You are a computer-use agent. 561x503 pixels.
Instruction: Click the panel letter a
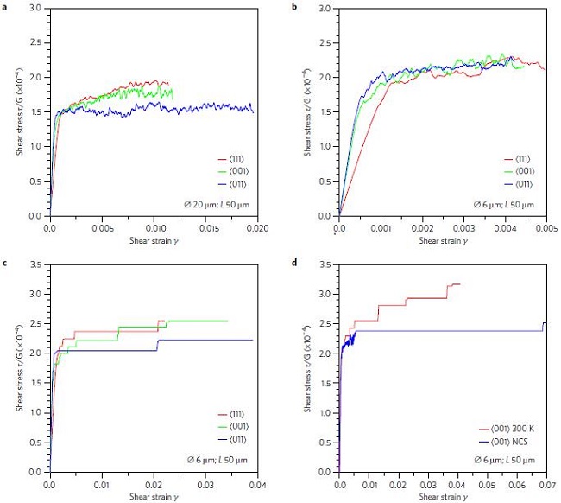click(5, 5)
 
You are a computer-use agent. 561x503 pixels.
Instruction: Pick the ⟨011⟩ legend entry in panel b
click(518, 183)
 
